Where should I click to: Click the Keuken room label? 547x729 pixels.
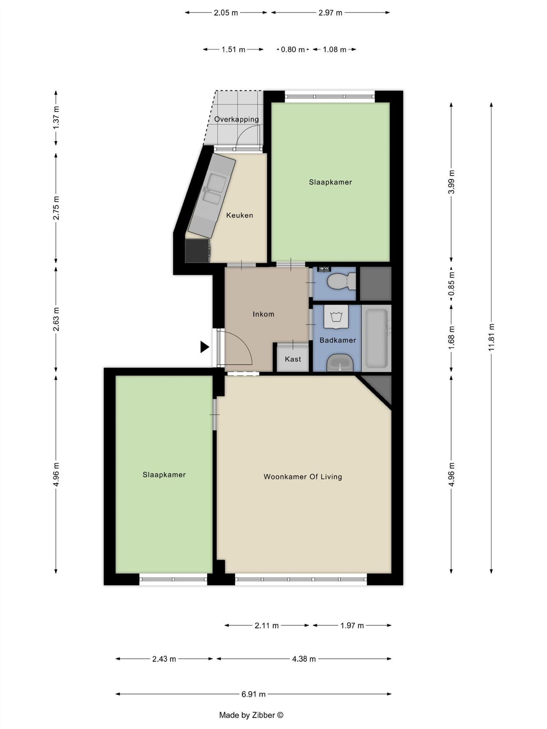pyautogui.click(x=239, y=215)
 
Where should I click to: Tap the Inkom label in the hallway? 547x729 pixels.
pyautogui.click(x=263, y=314)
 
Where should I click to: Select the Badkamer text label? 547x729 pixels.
pyautogui.click(x=337, y=340)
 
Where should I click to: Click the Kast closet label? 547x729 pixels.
pyautogui.click(x=293, y=359)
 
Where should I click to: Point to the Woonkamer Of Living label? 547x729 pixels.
pyautogui.click(x=303, y=477)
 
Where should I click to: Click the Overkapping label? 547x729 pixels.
pyautogui.click(x=236, y=119)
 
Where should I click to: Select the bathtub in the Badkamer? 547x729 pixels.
pyautogui.click(x=376, y=337)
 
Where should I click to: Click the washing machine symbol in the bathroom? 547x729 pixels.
pyautogui.click(x=336, y=317)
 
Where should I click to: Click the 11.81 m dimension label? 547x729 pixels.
pyautogui.click(x=491, y=337)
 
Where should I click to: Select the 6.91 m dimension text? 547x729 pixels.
pyautogui.click(x=253, y=694)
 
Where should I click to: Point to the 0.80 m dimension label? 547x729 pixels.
pyautogui.click(x=293, y=50)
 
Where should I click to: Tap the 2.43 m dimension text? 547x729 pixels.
pyautogui.click(x=164, y=659)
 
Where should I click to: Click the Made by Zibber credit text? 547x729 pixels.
pyautogui.click(x=251, y=715)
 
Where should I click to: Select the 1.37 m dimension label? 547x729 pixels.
pyautogui.click(x=56, y=118)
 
